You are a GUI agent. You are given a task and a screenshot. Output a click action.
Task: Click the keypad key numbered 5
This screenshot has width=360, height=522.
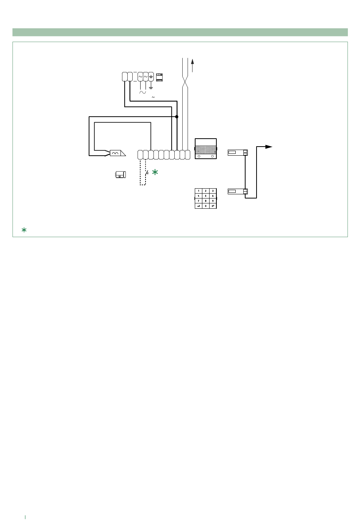coord(206,196)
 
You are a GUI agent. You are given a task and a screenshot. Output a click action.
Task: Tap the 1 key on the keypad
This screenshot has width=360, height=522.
coord(199,191)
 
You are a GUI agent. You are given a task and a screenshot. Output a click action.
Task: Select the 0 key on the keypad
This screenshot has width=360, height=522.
coord(206,206)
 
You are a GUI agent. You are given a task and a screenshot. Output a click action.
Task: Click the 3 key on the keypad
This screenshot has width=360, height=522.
coord(213,191)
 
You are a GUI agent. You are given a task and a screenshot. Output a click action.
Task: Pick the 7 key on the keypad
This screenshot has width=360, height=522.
coord(199,201)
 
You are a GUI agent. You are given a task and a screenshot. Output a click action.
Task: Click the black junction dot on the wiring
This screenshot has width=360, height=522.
coord(177,117)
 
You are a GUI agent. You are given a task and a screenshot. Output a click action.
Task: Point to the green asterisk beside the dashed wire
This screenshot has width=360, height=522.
coord(155,172)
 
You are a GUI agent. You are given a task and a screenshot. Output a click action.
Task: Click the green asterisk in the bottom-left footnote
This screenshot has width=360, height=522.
coord(24,230)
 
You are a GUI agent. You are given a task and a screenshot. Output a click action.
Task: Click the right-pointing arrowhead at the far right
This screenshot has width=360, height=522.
coord(269,147)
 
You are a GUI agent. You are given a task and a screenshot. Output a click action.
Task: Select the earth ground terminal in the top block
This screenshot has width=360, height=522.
coord(151,77)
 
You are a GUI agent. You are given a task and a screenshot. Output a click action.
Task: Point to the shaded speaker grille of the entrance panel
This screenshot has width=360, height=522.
coord(206,150)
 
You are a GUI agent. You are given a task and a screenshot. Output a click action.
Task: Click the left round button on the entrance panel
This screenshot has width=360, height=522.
coord(199,156)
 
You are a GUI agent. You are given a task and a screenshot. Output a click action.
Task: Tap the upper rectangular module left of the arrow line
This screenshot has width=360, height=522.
coord(238,152)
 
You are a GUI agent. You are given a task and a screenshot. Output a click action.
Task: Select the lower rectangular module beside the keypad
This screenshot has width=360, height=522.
coord(238,191)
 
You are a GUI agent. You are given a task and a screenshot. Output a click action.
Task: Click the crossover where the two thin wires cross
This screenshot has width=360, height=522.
coord(185,81)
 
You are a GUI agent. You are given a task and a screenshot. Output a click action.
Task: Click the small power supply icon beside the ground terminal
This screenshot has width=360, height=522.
coord(160,77)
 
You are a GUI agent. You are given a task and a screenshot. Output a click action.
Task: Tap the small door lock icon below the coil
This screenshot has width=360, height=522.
coord(121,175)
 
